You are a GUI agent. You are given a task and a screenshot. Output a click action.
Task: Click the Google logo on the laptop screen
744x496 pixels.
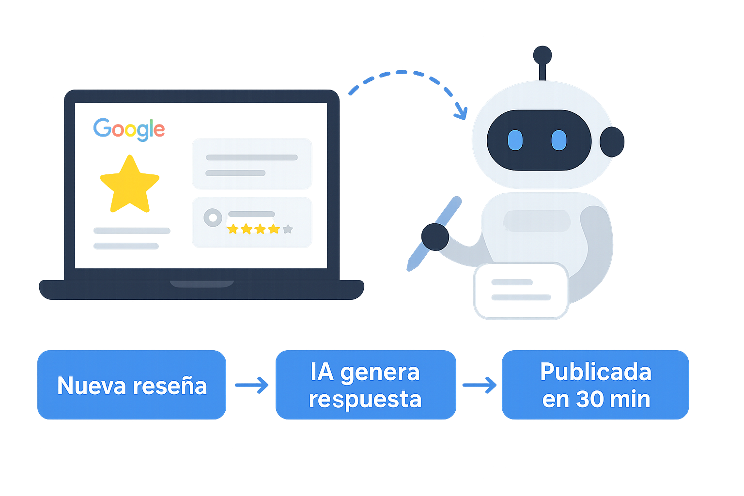[129, 129]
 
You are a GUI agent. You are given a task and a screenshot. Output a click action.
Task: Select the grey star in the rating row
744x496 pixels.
[288, 229]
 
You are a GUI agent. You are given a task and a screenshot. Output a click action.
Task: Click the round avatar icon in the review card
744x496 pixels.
[212, 217]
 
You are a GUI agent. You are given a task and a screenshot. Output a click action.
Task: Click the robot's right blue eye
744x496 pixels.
[558, 140]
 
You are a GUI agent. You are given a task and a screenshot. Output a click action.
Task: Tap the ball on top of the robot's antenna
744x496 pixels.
[542, 55]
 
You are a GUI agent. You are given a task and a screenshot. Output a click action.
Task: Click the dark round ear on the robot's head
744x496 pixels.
[611, 142]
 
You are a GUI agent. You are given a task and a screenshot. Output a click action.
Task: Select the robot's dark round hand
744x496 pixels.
[435, 237]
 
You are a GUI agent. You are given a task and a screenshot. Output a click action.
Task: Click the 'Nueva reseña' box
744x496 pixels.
[132, 386]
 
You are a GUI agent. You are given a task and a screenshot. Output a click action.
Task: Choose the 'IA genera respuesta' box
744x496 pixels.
[365, 386]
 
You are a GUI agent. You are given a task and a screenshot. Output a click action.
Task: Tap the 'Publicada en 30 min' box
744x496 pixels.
[595, 386]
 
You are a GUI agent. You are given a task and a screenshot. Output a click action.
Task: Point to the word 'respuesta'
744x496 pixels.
[365, 400]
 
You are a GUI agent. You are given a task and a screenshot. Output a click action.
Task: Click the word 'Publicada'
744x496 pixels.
[595, 372]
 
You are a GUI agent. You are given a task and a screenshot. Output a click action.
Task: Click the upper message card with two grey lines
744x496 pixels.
[251, 163]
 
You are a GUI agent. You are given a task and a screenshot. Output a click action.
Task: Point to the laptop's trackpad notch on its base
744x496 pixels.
[201, 283]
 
